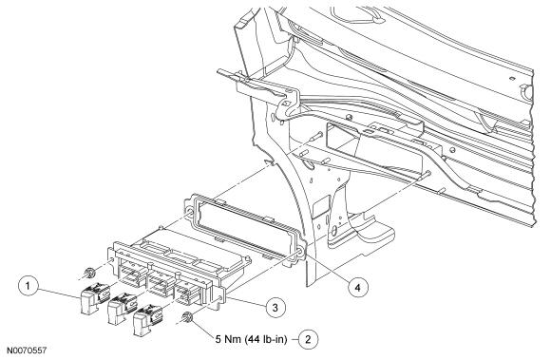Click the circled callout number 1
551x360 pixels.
28,286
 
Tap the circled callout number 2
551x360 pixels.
309,339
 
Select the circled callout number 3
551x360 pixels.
275,308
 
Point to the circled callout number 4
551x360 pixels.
357,288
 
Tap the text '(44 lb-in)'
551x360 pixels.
266,339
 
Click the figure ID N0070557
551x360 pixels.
27,351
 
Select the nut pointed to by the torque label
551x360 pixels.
188,317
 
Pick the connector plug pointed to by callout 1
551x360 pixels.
94,297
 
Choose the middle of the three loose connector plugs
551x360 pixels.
122,308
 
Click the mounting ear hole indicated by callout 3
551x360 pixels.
220,298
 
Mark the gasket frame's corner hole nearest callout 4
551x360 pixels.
300,253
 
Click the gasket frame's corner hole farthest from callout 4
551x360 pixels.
189,213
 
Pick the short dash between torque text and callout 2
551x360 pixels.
294,339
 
